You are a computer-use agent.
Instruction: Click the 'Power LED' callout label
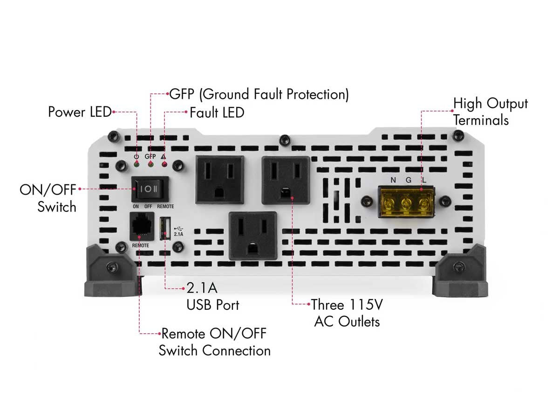tap(80, 112)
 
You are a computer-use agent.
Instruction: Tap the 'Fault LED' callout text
tap(217, 112)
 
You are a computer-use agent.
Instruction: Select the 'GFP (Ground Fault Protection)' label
tap(259, 94)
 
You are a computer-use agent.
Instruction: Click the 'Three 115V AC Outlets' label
tap(347, 313)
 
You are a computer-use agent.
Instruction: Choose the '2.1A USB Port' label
tap(213, 296)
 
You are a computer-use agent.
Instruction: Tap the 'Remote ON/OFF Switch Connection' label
tap(214, 342)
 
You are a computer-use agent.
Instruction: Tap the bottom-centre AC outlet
tap(253, 235)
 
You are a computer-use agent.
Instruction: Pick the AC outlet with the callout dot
tap(286, 180)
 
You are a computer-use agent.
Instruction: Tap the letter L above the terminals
tap(424, 180)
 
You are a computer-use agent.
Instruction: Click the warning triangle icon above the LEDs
tap(164, 156)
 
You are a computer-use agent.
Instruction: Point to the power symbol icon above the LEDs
tap(136, 156)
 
